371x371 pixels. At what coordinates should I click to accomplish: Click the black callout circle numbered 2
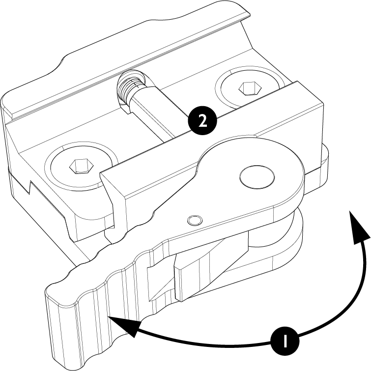(202, 121)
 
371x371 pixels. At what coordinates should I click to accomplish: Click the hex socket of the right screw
(250, 88)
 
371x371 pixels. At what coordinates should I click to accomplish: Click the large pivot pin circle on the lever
(257, 177)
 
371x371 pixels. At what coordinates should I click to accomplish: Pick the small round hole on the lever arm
(195, 221)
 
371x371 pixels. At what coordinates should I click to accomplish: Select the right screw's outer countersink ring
(250, 88)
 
